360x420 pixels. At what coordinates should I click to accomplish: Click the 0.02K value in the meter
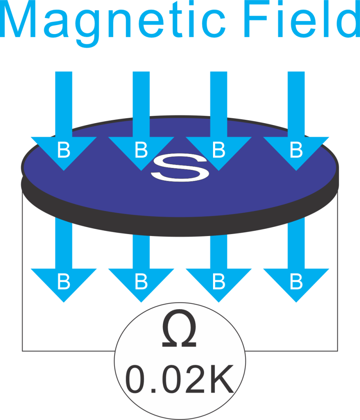click(x=180, y=380)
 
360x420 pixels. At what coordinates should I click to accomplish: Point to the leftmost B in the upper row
click(x=64, y=151)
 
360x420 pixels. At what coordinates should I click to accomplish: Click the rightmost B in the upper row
click(x=296, y=151)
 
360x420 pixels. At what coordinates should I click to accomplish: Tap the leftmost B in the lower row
click(x=64, y=282)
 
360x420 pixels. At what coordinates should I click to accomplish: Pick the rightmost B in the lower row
click(x=296, y=282)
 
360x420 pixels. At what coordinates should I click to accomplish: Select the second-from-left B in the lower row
click(x=141, y=282)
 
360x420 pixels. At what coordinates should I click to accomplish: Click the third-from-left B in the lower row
click(x=218, y=282)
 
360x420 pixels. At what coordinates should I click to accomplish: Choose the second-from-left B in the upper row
click(x=141, y=151)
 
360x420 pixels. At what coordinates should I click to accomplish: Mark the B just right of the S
click(x=218, y=151)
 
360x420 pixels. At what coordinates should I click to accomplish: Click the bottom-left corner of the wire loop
click(x=22, y=351)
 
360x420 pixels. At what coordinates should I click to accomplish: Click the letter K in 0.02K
click(x=222, y=380)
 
